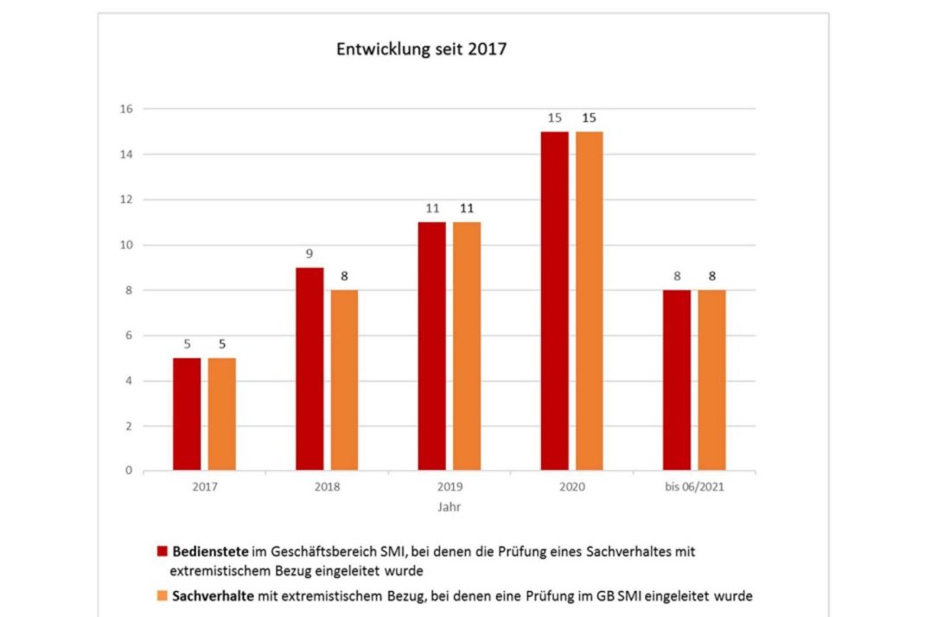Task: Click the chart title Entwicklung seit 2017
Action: click(x=421, y=49)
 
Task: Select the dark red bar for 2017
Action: click(x=187, y=415)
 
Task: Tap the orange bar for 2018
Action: click(x=344, y=380)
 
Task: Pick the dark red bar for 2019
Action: click(x=432, y=346)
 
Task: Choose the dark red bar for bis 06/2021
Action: click(x=677, y=380)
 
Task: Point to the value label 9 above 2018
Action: click(x=309, y=255)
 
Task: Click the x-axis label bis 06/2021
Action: click(x=694, y=487)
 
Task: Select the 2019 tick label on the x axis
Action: click(x=450, y=487)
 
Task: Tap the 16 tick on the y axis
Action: click(x=126, y=109)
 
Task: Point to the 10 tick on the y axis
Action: click(x=126, y=245)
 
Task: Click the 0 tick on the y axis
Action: click(x=129, y=471)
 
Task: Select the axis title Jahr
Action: click(x=450, y=507)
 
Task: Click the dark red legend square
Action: click(x=162, y=550)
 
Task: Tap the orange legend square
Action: click(x=162, y=595)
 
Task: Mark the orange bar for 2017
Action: click(x=221, y=415)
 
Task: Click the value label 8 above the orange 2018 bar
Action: click(x=344, y=277)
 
